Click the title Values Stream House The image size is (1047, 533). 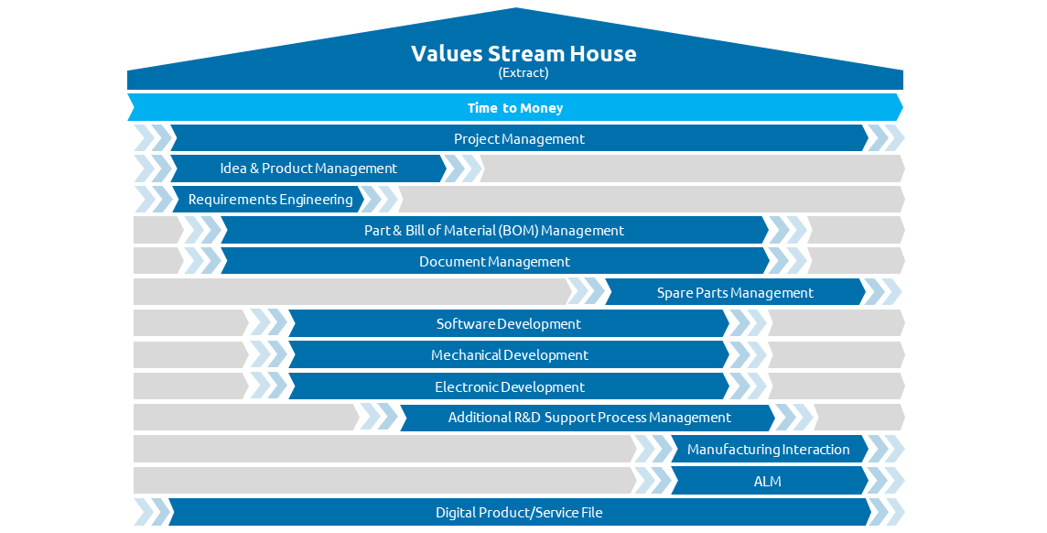tap(523, 53)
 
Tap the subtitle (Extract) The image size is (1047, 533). tap(523, 72)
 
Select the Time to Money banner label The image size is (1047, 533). tap(515, 108)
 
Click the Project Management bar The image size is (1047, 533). tap(519, 138)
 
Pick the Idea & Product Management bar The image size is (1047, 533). tap(308, 169)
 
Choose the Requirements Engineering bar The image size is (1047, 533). tap(268, 199)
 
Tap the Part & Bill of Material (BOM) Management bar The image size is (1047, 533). tap(494, 231)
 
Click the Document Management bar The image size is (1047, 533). tap(494, 261)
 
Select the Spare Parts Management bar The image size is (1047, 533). tap(735, 292)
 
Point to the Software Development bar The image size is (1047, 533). tap(509, 323)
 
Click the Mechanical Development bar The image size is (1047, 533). tap(509, 354)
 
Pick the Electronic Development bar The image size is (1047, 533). tap(509, 386)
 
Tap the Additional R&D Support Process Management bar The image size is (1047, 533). tap(588, 418)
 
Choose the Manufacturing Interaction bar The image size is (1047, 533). tap(769, 449)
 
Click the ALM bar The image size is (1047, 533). tap(769, 480)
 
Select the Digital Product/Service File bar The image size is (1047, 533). tap(520, 512)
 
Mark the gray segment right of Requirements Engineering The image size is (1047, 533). tap(651, 199)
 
